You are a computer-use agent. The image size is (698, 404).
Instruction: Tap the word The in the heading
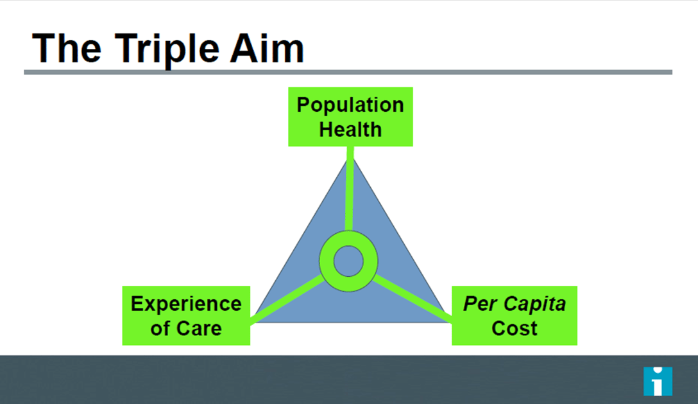point(67,48)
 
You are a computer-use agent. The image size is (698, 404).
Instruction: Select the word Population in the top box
point(350,105)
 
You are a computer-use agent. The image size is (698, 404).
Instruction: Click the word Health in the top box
point(350,129)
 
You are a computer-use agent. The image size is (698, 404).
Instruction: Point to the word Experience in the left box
point(186,304)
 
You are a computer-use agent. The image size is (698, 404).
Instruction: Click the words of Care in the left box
point(186,328)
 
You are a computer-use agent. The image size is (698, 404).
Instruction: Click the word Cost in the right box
point(515,328)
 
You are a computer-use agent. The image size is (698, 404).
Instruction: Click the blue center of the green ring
point(348,261)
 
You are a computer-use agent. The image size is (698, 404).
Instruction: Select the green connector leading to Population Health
point(350,189)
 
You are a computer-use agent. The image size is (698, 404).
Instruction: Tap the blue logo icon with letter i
point(658,381)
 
